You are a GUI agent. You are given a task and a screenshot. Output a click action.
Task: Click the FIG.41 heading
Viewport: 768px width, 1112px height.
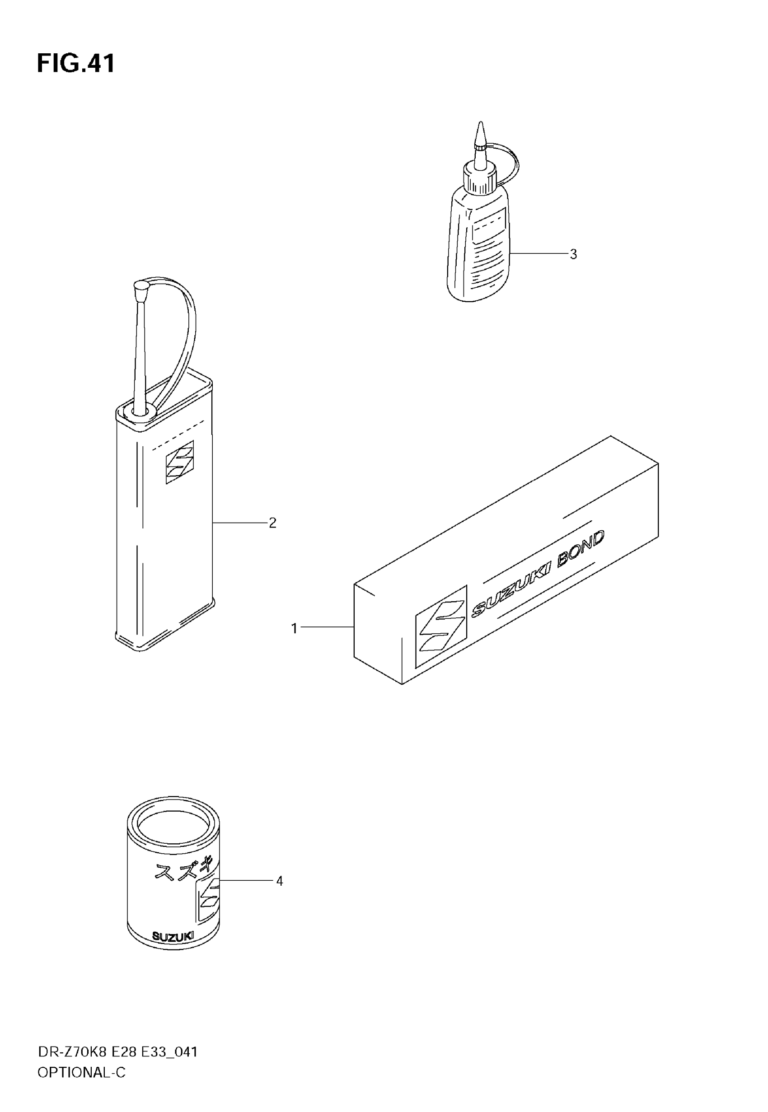coord(76,64)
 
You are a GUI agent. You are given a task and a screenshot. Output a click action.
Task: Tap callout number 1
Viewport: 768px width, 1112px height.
coord(295,628)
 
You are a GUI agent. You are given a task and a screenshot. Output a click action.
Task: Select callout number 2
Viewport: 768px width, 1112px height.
coord(272,523)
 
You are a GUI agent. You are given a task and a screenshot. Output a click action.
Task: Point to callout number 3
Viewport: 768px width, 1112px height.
coord(573,254)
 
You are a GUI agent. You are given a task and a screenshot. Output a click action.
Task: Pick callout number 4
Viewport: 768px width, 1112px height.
coord(279,881)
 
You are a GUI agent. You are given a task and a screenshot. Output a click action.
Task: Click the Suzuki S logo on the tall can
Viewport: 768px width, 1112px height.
coord(179,462)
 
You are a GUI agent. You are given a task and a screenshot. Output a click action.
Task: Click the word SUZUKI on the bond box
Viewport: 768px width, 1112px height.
coord(511,591)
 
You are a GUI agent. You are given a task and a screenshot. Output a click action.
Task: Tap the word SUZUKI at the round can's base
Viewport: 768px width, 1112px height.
coord(173,935)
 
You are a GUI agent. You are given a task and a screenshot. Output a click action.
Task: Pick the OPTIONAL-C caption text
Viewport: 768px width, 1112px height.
coord(81,1072)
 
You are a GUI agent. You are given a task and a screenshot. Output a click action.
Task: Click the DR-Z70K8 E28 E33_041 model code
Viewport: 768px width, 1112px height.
coord(117,1052)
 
